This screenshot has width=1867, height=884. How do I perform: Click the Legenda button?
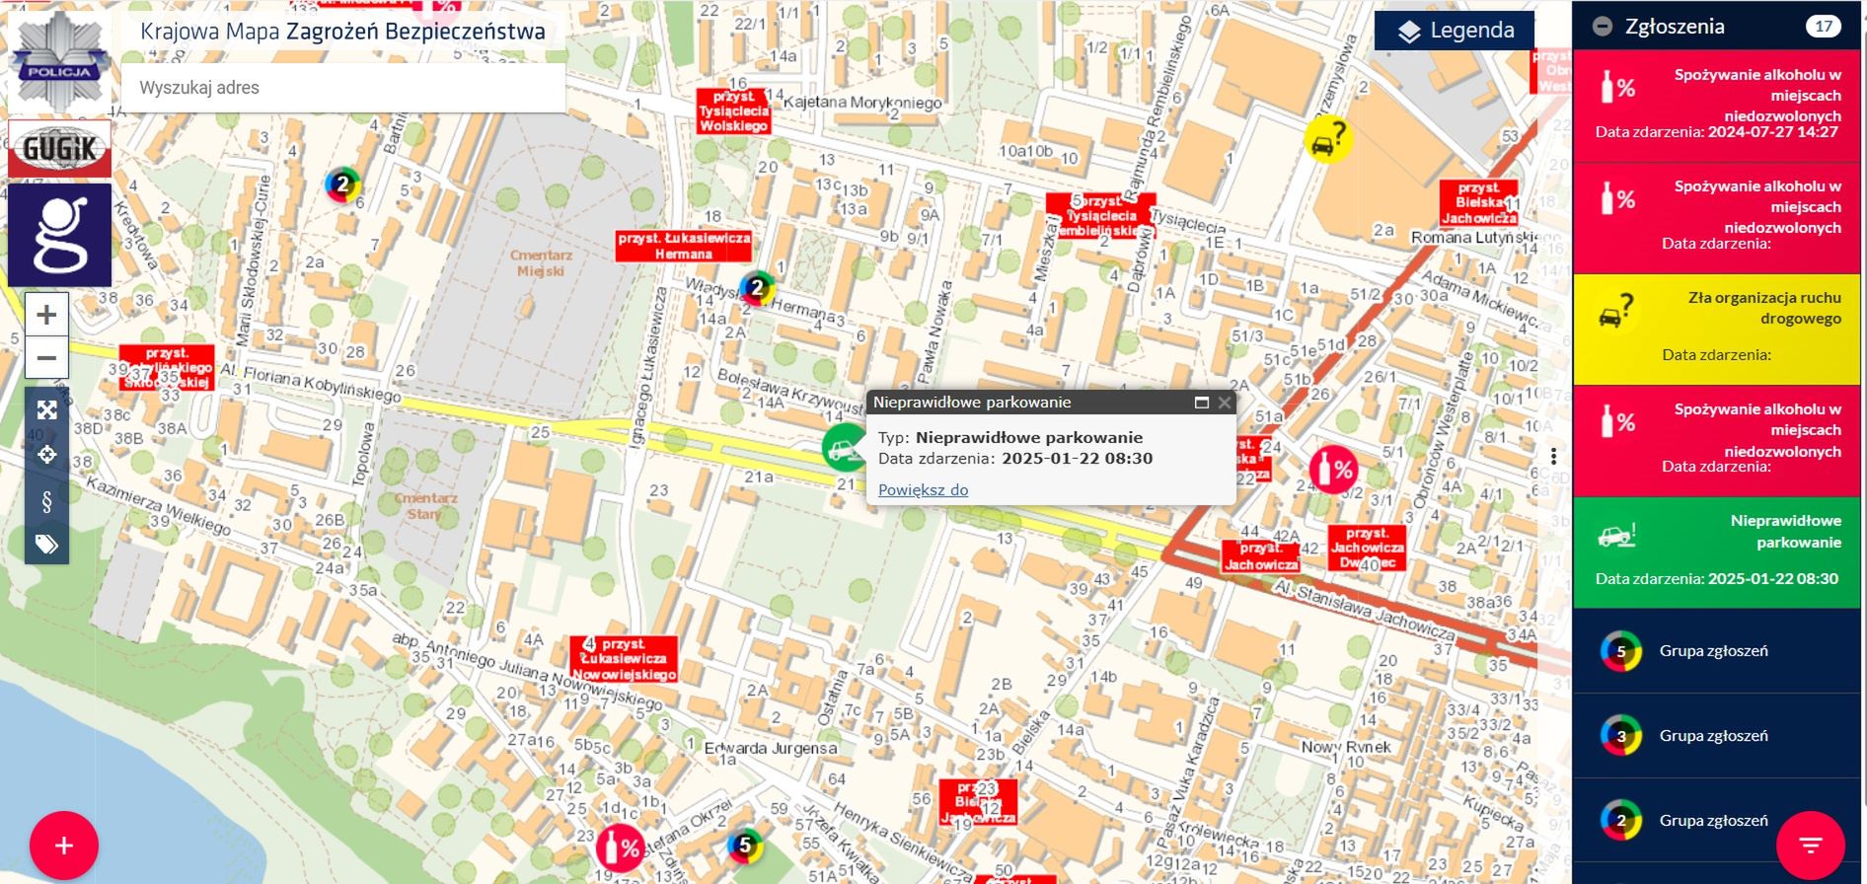(x=1455, y=31)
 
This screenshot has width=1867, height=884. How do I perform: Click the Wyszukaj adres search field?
(x=342, y=88)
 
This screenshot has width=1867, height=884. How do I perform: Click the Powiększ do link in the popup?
(x=923, y=489)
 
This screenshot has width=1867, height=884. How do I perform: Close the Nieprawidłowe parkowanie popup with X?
(x=1224, y=403)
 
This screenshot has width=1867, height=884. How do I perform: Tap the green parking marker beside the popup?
(x=843, y=448)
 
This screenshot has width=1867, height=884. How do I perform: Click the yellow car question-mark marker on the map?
(x=1326, y=138)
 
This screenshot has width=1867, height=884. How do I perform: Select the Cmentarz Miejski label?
(x=540, y=262)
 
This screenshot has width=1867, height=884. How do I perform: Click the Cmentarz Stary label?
(x=425, y=506)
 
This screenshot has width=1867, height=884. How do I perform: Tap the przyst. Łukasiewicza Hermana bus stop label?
(x=683, y=246)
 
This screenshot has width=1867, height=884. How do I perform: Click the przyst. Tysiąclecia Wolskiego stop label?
(x=733, y=111)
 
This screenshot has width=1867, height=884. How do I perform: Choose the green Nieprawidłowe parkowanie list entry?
(x=1716, y=552)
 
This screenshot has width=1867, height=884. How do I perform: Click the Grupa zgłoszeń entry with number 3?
(x=1716, y=735)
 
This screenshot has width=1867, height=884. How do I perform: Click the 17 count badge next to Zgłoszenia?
(x=1823, y=27)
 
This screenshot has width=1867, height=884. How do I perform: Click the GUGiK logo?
(x=59, y=149)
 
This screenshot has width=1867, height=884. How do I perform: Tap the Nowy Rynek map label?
(x=1345, y=747)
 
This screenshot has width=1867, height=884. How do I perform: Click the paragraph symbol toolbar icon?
(x=46, y=501)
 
